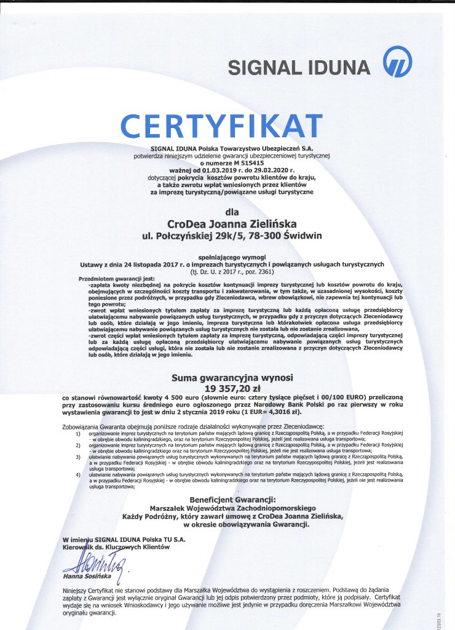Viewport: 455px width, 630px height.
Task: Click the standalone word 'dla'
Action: pos(232,212)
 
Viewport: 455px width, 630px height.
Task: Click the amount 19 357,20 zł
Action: pos(232,389)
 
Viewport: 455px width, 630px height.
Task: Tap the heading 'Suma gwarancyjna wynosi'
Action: pos(232,377)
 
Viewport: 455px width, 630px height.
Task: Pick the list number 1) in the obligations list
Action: pos(78,434)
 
